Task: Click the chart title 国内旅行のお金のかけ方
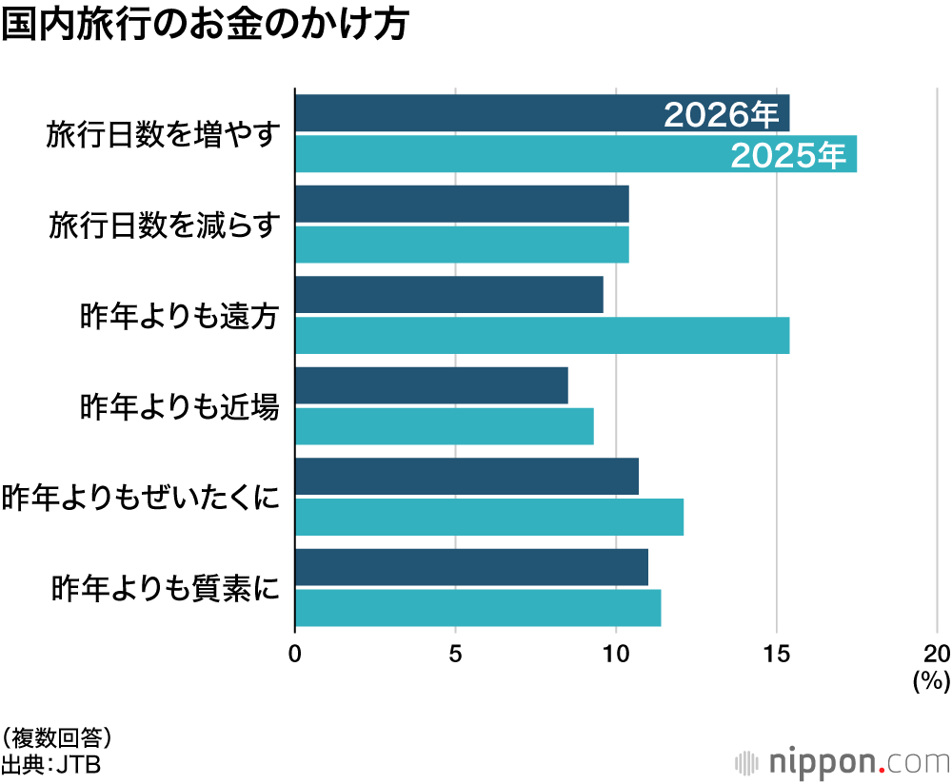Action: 205,26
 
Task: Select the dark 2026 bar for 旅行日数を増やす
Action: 476,113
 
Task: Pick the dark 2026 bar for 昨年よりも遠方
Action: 448,295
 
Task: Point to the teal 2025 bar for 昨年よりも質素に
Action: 477,608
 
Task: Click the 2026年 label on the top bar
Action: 721,114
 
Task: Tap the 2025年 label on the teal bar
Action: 788,155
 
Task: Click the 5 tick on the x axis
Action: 455,654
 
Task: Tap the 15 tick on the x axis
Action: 777,654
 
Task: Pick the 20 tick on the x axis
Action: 937,654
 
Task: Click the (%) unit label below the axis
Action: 930,680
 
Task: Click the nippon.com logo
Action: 843,761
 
